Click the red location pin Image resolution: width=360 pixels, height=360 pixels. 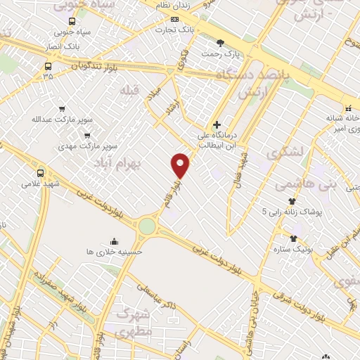[181, 165]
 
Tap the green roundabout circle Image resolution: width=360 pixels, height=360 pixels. [146, 226]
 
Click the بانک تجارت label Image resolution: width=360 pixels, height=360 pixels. [176, 30]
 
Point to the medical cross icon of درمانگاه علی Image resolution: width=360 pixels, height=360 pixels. [217, 124]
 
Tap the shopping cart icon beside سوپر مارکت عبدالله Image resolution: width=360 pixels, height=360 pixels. [62, 109]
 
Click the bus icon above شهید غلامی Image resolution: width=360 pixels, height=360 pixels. [40, 172]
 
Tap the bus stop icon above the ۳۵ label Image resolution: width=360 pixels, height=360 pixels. [48, 67]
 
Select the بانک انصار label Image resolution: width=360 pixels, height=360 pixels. [61, 48]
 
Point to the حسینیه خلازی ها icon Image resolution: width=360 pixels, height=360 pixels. [114, 241]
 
